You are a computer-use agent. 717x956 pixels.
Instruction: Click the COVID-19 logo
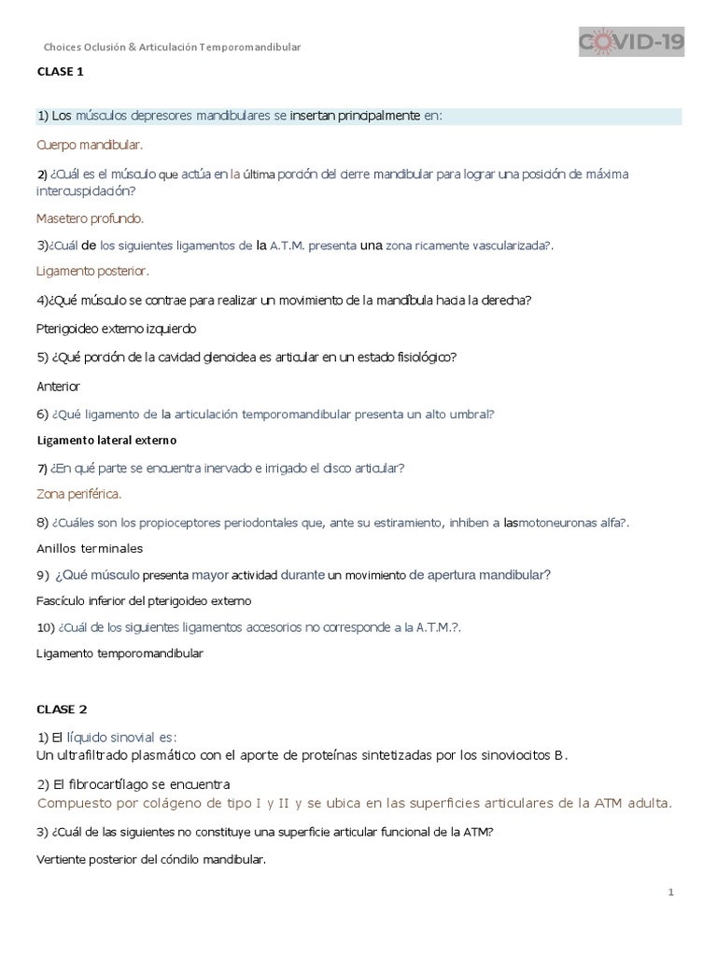[632, 42]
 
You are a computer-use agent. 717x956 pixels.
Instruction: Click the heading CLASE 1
[62, 71]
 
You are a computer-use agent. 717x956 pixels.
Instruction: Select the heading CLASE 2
[62, 709]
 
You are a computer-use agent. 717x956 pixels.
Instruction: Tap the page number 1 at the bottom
[670, 893]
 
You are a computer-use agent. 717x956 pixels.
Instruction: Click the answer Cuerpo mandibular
[90, 146]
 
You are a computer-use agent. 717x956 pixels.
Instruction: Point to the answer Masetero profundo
[91, 218]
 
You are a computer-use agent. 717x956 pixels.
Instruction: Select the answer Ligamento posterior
[92, 272]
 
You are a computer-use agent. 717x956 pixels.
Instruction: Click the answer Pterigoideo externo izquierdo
[117, 329]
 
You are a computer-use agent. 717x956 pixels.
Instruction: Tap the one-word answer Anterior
[58, 386]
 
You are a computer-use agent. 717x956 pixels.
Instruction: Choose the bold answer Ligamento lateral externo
[106, 440]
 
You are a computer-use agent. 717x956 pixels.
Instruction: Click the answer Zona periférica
[78, 493]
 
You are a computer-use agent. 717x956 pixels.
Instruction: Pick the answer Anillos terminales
[90, 548]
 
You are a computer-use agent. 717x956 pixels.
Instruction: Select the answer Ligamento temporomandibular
[119, 654]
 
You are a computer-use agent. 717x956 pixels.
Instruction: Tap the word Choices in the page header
[63, 47]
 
